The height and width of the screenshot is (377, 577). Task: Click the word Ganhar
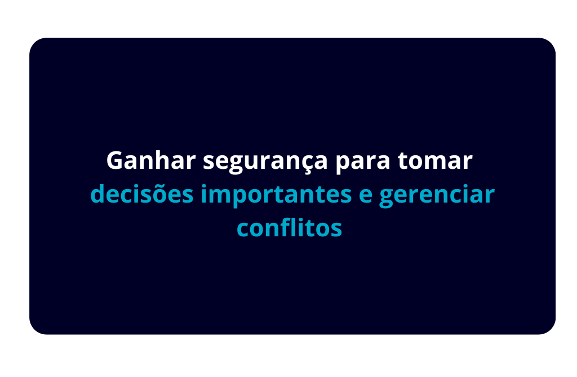pos(151,160)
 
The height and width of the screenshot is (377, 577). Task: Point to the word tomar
pos(435,160)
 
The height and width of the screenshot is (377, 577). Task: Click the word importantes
pos(276,195)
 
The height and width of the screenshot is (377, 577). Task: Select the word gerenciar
pos(437,195)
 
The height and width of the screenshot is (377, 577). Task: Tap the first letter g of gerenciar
pos(388,199)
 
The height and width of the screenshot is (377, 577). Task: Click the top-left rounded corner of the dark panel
pos(34,42)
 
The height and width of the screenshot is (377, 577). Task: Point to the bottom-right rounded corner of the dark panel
pos(551,330)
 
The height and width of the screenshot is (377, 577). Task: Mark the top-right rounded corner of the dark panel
pos(551,42)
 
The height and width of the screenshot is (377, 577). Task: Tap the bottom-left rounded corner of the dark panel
pos(34,330)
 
